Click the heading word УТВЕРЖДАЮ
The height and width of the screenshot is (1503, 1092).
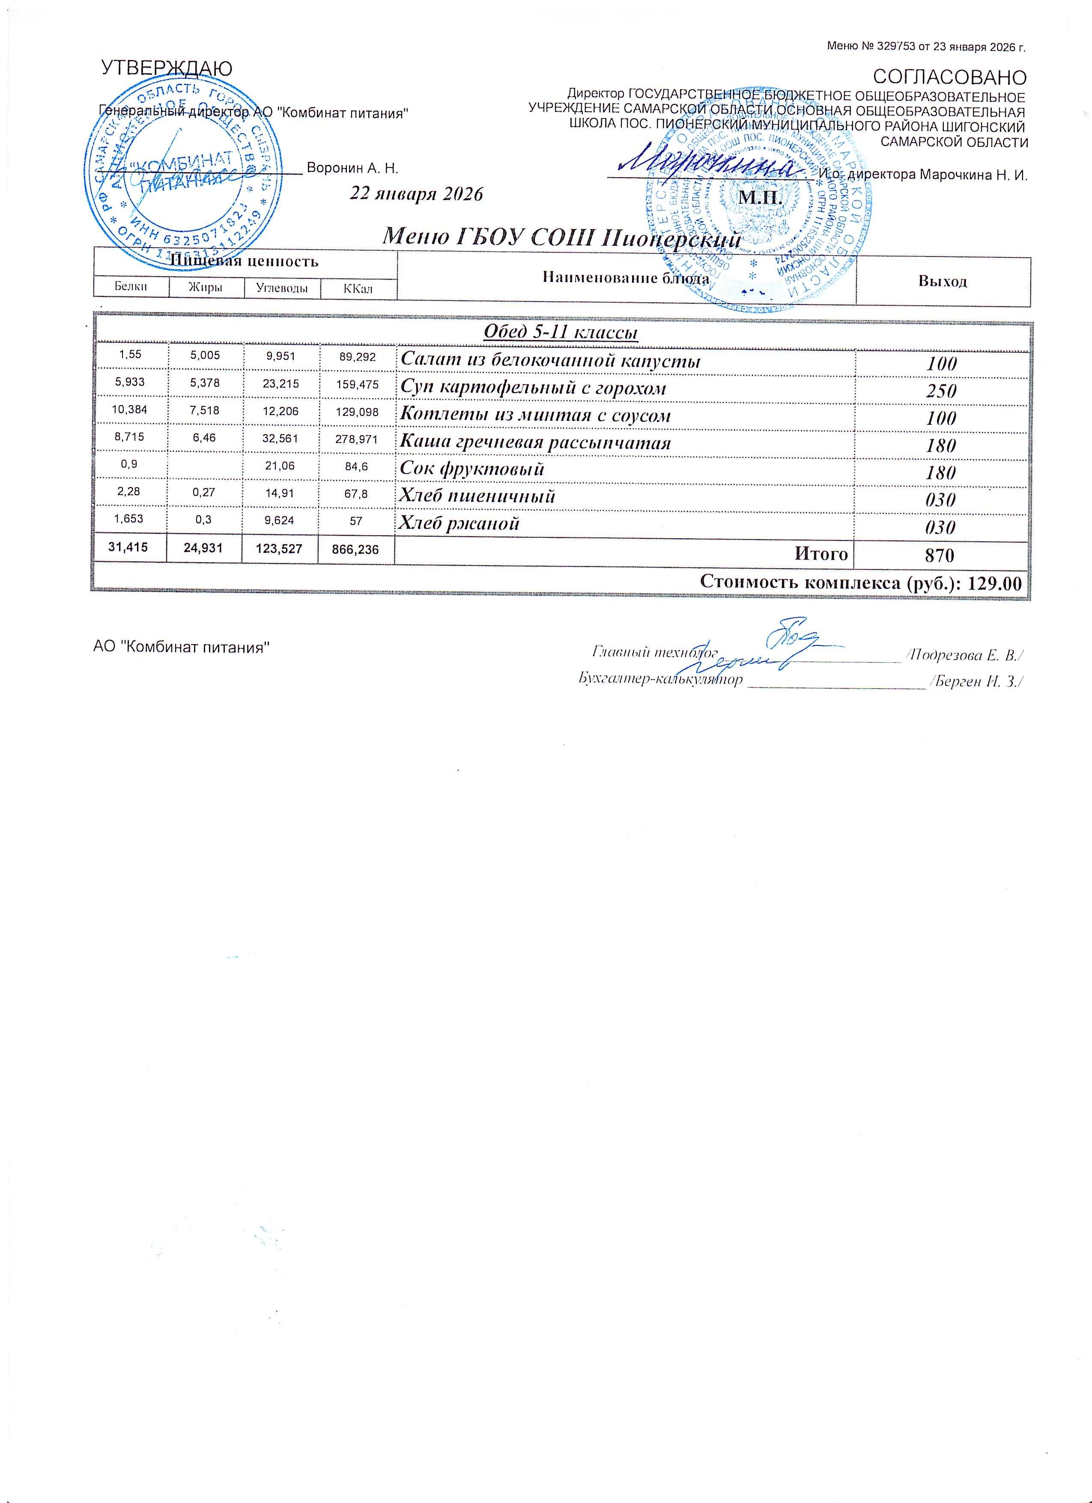click(166, 68)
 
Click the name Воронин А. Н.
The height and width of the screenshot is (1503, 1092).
click(352, 168)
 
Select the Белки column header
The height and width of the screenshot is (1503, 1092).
click(131, 287)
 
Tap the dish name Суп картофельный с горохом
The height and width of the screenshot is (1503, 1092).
click(533, 388)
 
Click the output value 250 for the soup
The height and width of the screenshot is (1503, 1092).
click(942, 391)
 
